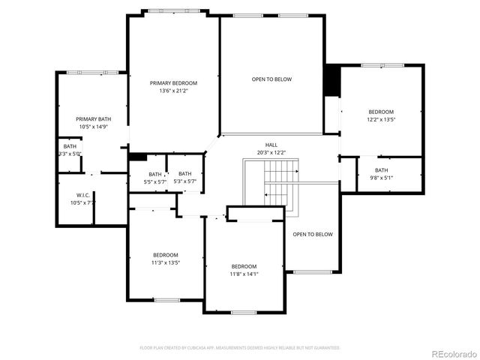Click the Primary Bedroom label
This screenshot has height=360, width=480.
click(x=173, y=83)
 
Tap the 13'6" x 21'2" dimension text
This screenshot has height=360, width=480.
click(x=173, y=91)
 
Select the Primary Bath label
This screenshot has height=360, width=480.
click(x=94, y=119)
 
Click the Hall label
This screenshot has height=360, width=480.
click(x=271, y=145)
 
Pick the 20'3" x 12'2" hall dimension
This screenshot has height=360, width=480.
click(x=271, y=152)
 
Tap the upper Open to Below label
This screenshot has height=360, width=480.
click(x=271, y=79)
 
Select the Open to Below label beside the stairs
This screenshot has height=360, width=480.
click(x=313, y=235)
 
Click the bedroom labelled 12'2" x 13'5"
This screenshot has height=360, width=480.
click(x=381, y=112)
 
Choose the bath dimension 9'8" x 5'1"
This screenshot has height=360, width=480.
click(x=381, y=178)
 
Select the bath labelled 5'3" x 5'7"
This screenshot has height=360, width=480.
click(x=184, y=177)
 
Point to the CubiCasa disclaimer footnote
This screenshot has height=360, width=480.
click(x=240, y=348)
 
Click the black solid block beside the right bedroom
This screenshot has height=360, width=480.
click(x=331, y=82)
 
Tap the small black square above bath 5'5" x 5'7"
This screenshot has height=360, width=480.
click(x=138, y=157)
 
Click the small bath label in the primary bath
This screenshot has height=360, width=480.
click(x=70, y=146)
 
